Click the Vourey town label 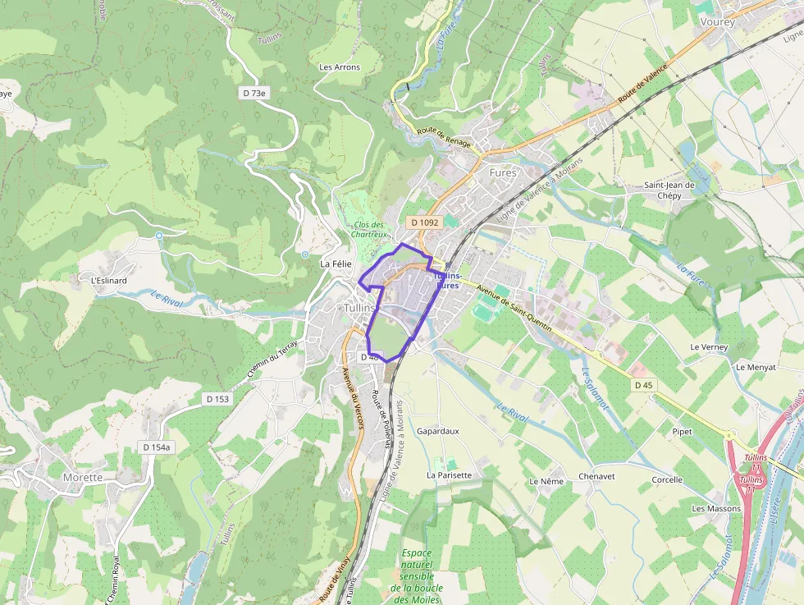(718, 22)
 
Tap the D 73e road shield (254, 94)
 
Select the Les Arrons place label (339, 67)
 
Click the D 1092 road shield (425, 222)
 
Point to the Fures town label (503, 173)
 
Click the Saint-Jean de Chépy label (669, 190)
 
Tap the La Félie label (336, 264)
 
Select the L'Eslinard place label (108, 280)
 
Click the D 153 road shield (217, 399)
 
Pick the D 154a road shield (156, 447)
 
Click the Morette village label (83, 477)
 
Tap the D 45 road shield (643, 385)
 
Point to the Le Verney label (709, 347)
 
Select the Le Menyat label (756, 367)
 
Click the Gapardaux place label (437, 431)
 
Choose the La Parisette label (449, 475)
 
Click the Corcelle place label (667, 479)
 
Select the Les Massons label (715, 508)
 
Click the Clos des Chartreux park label (368, 229)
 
